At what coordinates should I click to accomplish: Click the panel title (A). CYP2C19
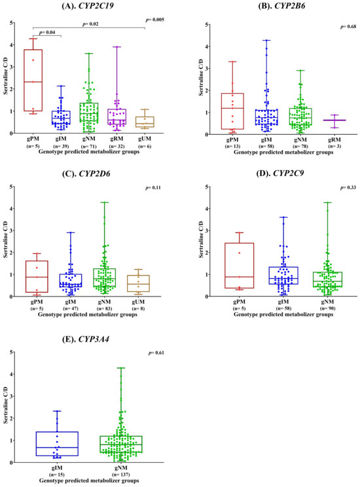(x=88, y=5)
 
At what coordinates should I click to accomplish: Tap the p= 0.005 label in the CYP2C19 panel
(x=155, y=20)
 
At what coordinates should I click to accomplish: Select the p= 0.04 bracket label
(x=47, y=32)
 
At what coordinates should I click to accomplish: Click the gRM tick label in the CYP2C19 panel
(x=117, y=139)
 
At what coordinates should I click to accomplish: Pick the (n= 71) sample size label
(x=89, y=146)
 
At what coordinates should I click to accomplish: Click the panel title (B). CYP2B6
(x=281, y=6)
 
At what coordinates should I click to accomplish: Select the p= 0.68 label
(x=348, y=27)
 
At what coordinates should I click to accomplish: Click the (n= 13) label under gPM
(x=232, y=146)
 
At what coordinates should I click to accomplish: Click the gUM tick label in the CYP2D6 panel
(x=138, y=302)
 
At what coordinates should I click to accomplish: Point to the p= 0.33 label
(x=348, y=188)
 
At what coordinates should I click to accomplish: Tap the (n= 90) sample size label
(x=327, y=308)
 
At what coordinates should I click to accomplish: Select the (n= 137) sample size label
(x=121, y=475)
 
